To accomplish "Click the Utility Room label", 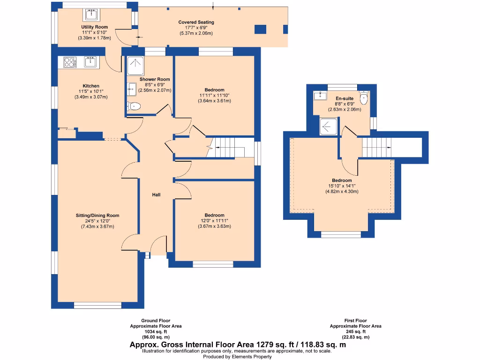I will pyautogui.click(x=95, y=27).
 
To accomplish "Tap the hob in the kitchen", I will pyautogui.click(x=69, y=62).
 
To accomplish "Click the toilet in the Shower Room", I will pyautogui.click(x=135, y=106).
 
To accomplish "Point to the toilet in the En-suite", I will pyautogui.click(x=364, y=99).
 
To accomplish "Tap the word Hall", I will pyautogui.click(x=156, y=195).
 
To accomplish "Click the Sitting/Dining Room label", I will pyautogui.click(x=97, y=216).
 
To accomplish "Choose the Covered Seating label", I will pyautogui.click(x=196, y=22).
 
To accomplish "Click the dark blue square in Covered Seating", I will pyautogui.click(x=260, y=29).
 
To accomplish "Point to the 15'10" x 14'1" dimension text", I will pyautogui.click(x=342, y=186).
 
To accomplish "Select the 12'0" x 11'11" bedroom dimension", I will pyautogui.click(x=214, y=221).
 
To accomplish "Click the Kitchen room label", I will pyautogui.click(x=91, y=86).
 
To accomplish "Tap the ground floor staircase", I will pyautogui.click(x=229, y=148).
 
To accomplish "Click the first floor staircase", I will pyautogui.click(x=377, y=148).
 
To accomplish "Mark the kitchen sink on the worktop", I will pyautogui.click(x=90, y=62).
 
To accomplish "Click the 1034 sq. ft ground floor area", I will pyautogui.click(x=156, y=331).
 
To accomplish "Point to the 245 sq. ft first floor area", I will pyautogui.click(x=356, y=331).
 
